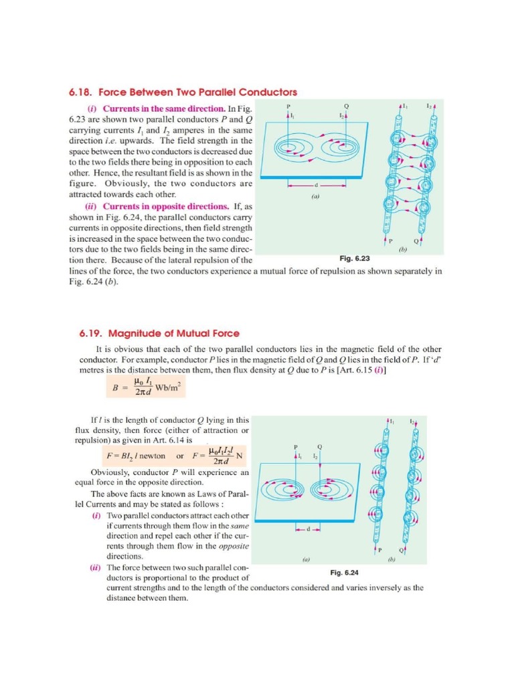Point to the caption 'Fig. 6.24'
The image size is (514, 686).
pyautogui.click(x=345, y=572)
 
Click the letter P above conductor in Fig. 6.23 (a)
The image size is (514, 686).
pyautogui.click(x=288, y=107)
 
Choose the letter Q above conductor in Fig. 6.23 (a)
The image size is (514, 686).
pyautogui.click(x=345, y=107)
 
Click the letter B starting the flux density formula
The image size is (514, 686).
pyautogui.click(x=114, y=388)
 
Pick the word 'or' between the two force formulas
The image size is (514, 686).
pyautogui.click(x=179, y=456)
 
